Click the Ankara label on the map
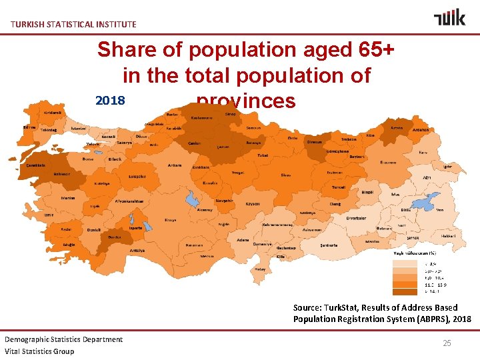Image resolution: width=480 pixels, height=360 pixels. (x=175, y=165)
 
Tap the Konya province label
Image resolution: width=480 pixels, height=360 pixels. (x=171, y=220)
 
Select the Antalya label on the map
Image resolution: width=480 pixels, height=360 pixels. (x=137, y=251)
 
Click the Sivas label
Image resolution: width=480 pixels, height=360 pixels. (x=286, y=175)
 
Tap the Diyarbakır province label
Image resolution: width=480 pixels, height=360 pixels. (x=356, y=217)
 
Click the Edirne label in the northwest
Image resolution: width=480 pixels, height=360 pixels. (x=29, y=127)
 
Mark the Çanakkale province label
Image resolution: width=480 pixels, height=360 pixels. (x=35, y=165)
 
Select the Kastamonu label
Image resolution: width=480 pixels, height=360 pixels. (x=201, y=117)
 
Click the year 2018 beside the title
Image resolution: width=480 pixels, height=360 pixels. (x=111, y=101)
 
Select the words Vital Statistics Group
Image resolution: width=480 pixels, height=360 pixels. (x=39, y=351)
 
